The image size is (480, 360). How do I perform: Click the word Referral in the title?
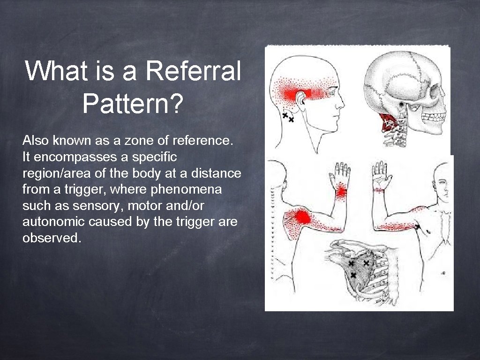[193, 71]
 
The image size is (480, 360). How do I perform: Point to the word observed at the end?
[52, 238]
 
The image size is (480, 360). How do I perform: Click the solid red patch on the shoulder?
[299, 217]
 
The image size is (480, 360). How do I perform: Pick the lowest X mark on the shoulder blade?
[353, 275]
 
